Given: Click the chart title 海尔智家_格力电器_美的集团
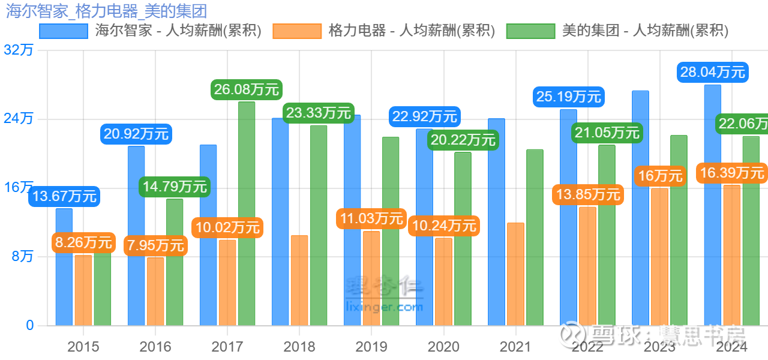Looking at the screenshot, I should (x=105, y=10).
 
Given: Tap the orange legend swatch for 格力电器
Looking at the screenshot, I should (x=296, y=31).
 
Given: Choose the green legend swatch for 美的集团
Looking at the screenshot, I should (x=530, y=31).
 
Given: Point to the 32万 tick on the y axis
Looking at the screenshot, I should (x=18, y=50).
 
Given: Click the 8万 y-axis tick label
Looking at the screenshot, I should (x=22, y=257).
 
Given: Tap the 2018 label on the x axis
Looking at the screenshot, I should (x=299, y=347).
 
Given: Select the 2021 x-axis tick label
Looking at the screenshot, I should (x=515, y=347).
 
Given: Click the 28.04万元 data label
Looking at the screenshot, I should (x=713, y=73).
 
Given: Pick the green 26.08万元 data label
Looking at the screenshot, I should (x=247, y=90).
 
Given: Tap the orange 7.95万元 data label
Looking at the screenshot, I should (x=156, y=245).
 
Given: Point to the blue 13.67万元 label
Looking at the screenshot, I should (x=64, y=196).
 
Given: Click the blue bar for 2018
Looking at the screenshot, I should (x=280, y=222).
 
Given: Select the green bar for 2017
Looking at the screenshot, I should (x=247, y=214).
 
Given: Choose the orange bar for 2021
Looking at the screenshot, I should (x=515, y=274).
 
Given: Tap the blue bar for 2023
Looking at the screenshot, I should (x=640, y=208).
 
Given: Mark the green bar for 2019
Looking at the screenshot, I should (x=391, y=231).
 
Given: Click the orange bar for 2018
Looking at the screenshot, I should (x=299, y=280).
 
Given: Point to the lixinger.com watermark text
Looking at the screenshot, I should (x=385, y=307).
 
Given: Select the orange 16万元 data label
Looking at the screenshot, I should (x=660, y=176).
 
